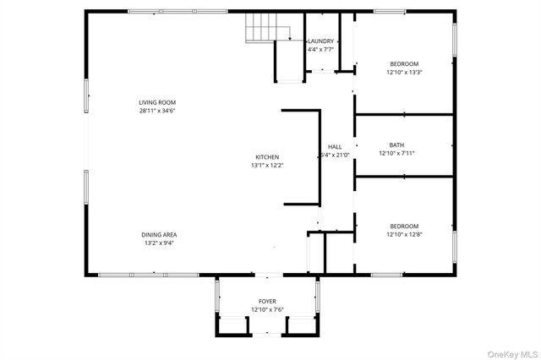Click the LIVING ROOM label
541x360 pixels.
coord(157,103)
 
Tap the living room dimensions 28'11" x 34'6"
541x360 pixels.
coord(157,111)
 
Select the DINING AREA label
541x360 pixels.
coord(159,234)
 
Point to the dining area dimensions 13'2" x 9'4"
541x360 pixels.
coord(159,243)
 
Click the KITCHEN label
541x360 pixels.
coord(267,157)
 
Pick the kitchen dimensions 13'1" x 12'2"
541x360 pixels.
coord(267,166)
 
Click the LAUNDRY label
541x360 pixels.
coord(320,41)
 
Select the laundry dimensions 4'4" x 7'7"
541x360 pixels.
coord(320,49)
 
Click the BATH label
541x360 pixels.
coord(396,145)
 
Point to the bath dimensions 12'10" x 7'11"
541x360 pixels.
coord(396,153)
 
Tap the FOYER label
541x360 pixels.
coord(267,301)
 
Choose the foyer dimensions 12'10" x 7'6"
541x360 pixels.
coord(267,309)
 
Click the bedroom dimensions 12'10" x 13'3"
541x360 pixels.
coord(404,72)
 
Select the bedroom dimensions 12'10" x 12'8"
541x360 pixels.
coord(404,233)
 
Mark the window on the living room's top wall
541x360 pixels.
coord(178,11)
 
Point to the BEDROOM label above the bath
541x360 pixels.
coord(404,63)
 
